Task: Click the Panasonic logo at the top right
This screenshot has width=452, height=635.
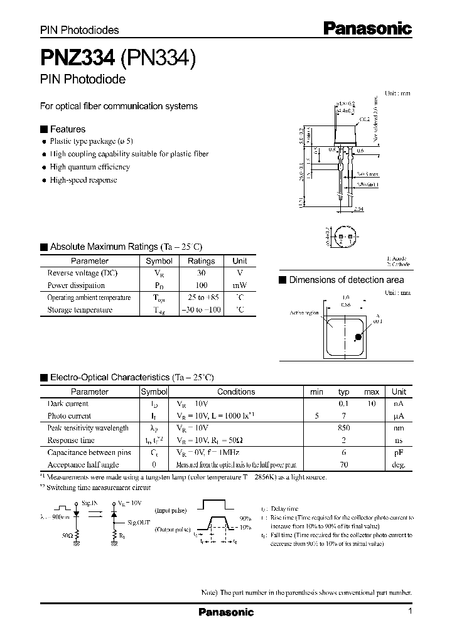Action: pyautogui.click(x=367, y=28)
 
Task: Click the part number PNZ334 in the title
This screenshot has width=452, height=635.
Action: pyautogui.click(x=77, y=58)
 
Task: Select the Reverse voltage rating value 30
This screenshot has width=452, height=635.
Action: pyautogui.click(x=201, y=273)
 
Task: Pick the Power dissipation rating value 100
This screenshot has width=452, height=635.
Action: pyautogui.click(x=201, y=285)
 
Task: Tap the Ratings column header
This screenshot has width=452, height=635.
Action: pyautogui.click(x=201, y=261)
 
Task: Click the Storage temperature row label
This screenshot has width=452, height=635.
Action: pyautogui.click(x=80, y=310)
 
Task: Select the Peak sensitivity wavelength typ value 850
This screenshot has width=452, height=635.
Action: pyautogui.click(x=343, y=428)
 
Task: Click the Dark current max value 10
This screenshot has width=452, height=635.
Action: pyautogui.click(x=372, y=403)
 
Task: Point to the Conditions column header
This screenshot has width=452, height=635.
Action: pyautogui.click(x=236, y=392)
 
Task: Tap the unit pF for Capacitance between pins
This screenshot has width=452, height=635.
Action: pyautogui.click(x=399, y=452)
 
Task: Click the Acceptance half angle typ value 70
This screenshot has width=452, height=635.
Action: pyautogui.click(x=343, y=465)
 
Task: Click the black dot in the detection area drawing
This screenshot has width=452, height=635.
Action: pyautogui.click(x=358, y=337)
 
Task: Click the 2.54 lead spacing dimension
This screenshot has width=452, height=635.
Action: pyautogui.click(x=358, y=209)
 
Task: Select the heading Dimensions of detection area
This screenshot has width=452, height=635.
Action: pyautogui.click(x=346, y=280)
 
